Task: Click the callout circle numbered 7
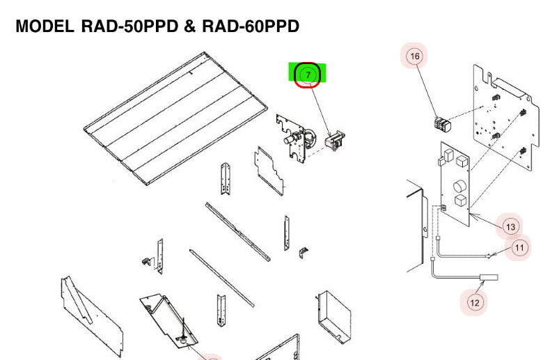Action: point(308,75)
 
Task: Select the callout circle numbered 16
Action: point(414,56)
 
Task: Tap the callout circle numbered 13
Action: point(510,227)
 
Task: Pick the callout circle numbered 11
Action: point(519,247)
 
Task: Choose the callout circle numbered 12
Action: point(475,303)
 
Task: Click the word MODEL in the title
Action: point(45,26)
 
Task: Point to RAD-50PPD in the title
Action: point(129,26)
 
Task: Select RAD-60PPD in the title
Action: point(251,26)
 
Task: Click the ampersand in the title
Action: point(190,26)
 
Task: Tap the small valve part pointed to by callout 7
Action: point(334,141)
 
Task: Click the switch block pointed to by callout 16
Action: point(443,125)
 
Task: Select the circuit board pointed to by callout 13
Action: point(455,184)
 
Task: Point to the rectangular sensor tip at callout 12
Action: point(489,277)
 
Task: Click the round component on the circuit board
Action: point(459,186)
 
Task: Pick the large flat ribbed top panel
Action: point(175,118)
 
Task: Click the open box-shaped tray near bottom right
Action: point(333,317)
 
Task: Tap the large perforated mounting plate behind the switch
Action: point(505,118)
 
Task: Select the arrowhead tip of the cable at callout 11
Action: point(491,256)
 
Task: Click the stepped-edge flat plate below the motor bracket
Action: point(269,171)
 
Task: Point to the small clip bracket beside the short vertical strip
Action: point(304,252)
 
